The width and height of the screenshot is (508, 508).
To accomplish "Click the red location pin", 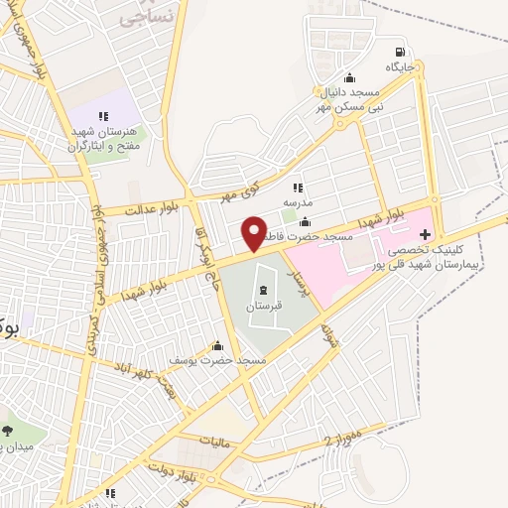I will coord(254,234).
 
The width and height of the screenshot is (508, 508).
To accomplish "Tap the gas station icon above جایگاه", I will coord(400,53).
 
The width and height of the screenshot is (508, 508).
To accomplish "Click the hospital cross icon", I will coord(426,235).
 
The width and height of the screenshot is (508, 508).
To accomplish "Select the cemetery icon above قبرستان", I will coord(263,290).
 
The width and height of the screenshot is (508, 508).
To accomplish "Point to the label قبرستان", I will coord(264,307).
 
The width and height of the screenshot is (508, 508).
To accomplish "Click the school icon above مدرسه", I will coord(297,186).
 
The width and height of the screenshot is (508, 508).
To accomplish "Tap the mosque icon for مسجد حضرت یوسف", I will coord(218,345).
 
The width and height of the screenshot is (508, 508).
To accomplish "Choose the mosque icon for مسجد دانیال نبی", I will coord(348,78).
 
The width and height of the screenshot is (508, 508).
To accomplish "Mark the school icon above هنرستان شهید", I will coord(103,117).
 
